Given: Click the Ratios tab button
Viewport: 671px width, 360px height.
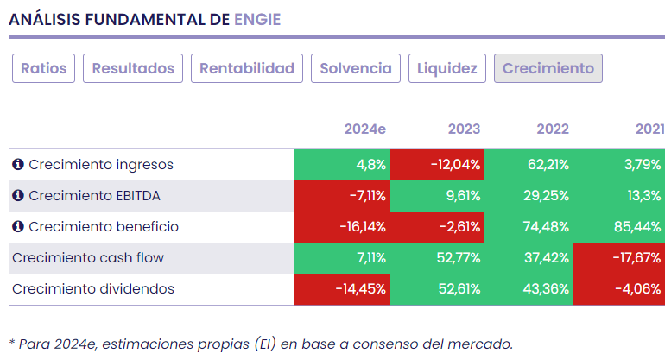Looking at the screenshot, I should click(44, 68).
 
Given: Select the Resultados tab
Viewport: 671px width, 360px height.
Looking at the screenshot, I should click(133, 68).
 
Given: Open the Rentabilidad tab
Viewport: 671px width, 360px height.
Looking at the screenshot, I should click(248, 68).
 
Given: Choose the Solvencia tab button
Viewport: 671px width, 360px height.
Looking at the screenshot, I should click(356, 68).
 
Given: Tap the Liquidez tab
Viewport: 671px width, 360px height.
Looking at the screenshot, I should click(447, 68).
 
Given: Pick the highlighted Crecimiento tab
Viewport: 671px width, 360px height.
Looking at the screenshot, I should click(548, 68).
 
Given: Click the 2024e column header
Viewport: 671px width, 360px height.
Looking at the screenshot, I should click(364, 129).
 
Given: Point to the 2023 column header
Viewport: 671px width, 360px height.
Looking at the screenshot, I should click(464, 129).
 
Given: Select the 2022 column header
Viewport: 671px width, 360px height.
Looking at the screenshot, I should click(553, 129).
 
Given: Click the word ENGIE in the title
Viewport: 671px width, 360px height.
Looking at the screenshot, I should click(257, 19).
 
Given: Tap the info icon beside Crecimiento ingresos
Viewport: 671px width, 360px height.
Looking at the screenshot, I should click(17, 164).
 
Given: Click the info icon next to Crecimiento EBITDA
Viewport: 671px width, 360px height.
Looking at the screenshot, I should click(17, 196).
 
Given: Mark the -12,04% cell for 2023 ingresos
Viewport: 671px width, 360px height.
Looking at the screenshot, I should click(437, 164).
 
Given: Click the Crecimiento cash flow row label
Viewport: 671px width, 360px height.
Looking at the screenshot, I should click(87, 258).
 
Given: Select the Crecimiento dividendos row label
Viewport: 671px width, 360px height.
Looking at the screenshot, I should click(92, 289).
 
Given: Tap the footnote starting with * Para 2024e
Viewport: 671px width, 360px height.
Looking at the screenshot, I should click(260, 344).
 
